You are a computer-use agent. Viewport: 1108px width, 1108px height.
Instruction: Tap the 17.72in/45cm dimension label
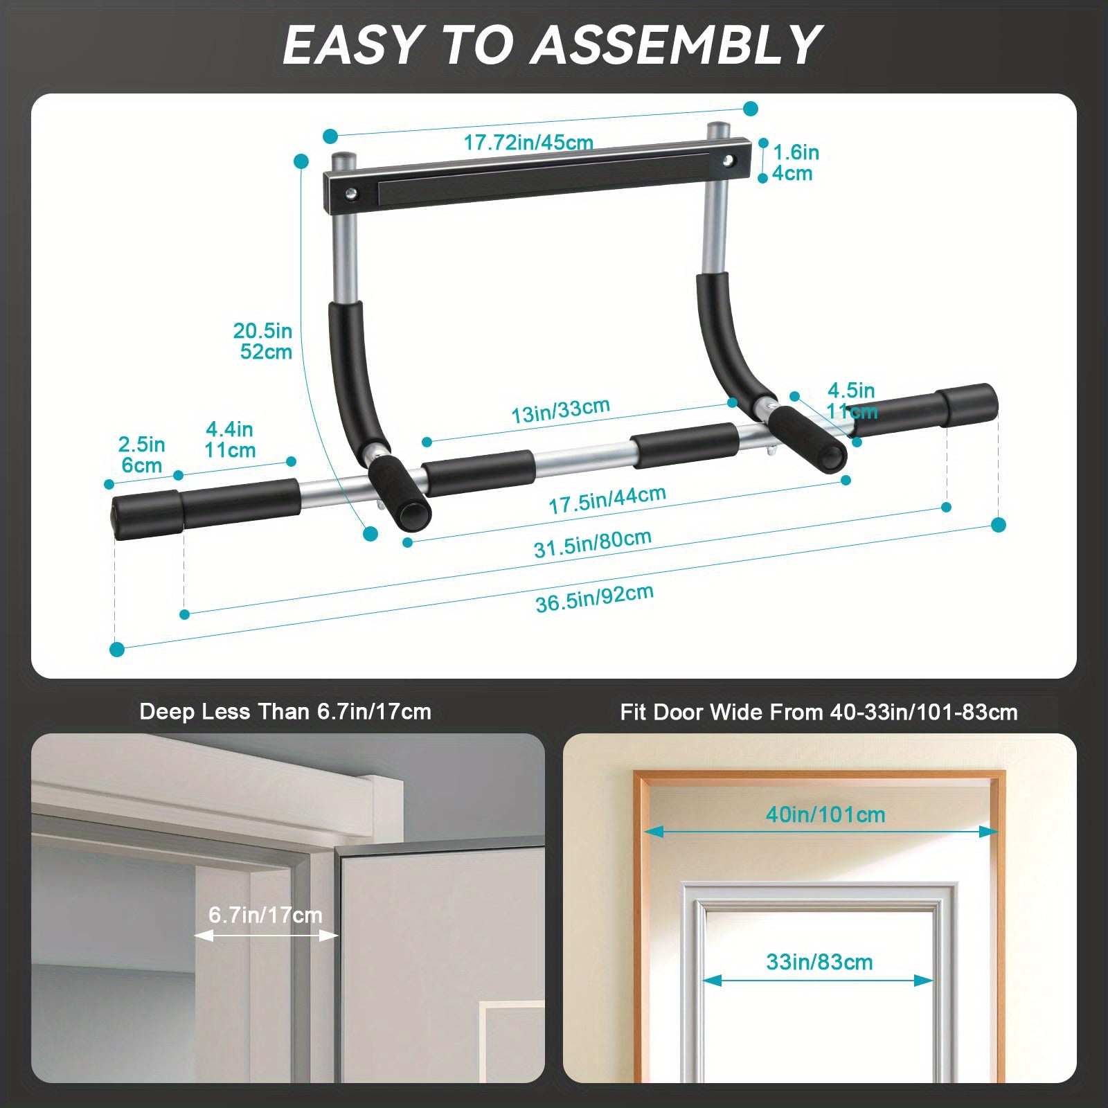[x=528, y=143]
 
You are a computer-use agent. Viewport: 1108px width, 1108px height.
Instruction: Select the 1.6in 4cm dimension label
[x=795, y=163]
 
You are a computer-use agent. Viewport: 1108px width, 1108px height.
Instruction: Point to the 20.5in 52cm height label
[x=263, y=341]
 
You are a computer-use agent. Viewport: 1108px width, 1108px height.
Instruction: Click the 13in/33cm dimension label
[x=560, y=411]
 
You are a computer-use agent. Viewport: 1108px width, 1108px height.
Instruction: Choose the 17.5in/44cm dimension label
[x=607, y=499]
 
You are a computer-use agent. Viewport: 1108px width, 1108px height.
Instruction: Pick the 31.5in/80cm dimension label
[x=592, y=544]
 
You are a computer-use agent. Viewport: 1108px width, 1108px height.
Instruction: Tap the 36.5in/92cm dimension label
[x=594, y=598]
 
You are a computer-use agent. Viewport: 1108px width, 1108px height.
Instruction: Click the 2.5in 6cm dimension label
[x=141, y=454]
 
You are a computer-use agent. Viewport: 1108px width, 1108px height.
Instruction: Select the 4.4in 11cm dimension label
[x=230, y=440]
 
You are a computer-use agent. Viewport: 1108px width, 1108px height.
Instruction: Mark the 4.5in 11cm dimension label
[x=852, y=401]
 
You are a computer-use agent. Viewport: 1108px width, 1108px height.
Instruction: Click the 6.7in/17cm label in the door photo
[x=265, y=915]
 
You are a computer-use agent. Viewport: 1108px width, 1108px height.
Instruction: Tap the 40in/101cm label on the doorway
[x=825, y=814]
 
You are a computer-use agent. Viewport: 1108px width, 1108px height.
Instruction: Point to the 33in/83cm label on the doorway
[x=819, y=962]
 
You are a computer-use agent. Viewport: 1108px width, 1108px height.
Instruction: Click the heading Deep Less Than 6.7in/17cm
[x=285, y=712]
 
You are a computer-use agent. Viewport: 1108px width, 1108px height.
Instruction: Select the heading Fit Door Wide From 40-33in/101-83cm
[x=819, y=712]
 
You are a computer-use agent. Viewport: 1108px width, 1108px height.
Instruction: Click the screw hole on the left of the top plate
[x=352, y=195]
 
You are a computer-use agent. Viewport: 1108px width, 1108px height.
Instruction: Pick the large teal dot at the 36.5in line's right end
[x=998, y=525]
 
